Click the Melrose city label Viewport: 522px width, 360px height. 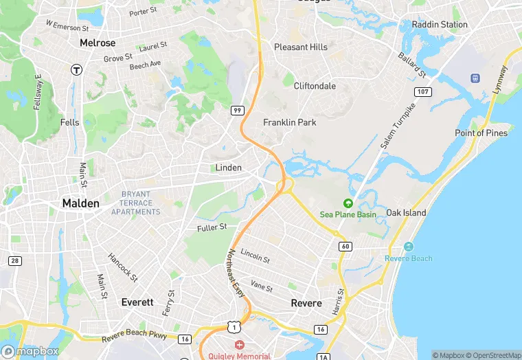[x=98, y=43]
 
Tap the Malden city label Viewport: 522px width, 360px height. [x=80, y=203]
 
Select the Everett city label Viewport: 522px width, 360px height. [x=137, y=302]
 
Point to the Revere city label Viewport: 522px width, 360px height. [x=306, y=303]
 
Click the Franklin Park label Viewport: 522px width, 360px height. [x=290, y=122]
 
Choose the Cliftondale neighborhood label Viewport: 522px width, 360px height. [x=315, y=86]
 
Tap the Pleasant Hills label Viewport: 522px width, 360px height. [x=301, y=47]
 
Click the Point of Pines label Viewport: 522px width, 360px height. [x=481, y=133]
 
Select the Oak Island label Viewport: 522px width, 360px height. [x=406, y=213]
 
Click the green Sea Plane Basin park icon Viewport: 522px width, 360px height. [x=348, y=203]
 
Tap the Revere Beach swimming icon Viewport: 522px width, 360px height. [x=409, y=247]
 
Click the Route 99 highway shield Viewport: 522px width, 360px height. [x=237, y=110]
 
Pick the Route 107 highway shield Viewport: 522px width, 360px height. [x=422, y=91]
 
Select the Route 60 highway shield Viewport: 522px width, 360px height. [x=345, y=246]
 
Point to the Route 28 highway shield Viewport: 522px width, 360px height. [x=14, y=260]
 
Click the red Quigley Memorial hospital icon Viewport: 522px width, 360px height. [x=239, y=344]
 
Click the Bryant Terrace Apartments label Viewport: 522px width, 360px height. [x=136, y=203]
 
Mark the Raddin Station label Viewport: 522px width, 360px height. [x=440, y=25]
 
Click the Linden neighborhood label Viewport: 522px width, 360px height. [x=229, y=168]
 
